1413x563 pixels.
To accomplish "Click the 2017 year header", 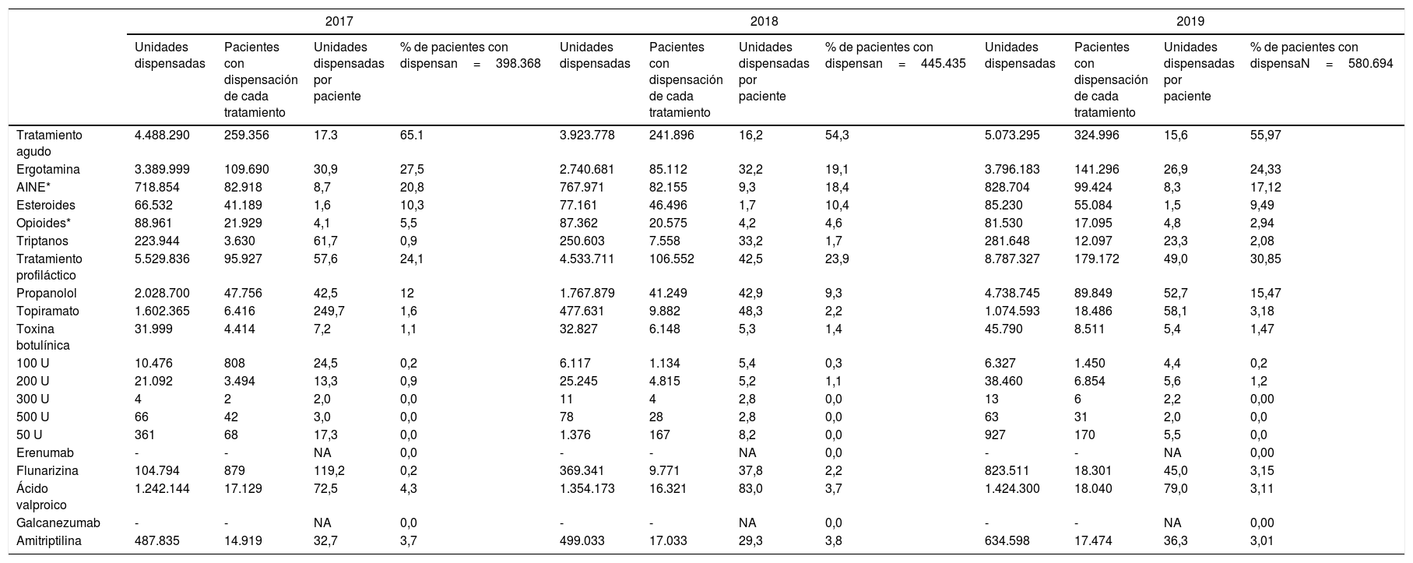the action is pos(338,22).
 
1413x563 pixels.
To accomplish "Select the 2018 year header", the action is pos(763,22).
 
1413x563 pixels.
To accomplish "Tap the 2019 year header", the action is pos(1189,22).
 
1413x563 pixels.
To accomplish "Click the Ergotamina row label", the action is pos(46,169).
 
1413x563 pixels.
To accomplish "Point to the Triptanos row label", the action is pos(41,241).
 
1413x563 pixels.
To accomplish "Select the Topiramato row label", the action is pos(47,311).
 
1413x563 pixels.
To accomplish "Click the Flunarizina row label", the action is pos(47,470).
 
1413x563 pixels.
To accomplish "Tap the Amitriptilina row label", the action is pos(48,540).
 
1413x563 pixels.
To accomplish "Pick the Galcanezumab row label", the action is pos(58,523).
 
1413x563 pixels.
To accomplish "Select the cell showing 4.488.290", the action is pos(162,135).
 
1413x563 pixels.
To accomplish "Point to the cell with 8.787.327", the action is pos(1012,258).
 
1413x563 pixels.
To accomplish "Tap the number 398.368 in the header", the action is pos(518,63).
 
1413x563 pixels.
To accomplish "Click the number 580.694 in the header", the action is pos(1370,63).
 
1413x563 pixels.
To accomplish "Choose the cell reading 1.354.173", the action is pos(587,488).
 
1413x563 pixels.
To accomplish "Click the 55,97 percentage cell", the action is pos(1265,135).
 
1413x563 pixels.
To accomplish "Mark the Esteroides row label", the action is pos(45,205).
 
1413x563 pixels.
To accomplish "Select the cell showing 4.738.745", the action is pos(1012,293).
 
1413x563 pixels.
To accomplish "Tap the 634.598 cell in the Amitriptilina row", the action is pos(1007,540).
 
